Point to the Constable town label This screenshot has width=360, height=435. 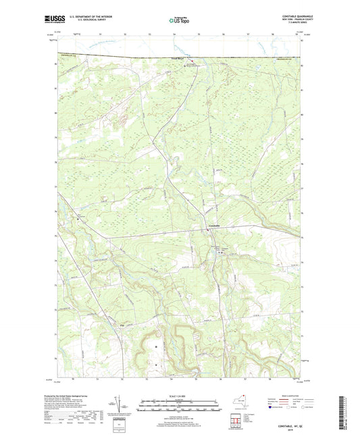[213, 225]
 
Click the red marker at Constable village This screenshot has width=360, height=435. [207, 232]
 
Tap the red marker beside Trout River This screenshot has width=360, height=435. [189, 63]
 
